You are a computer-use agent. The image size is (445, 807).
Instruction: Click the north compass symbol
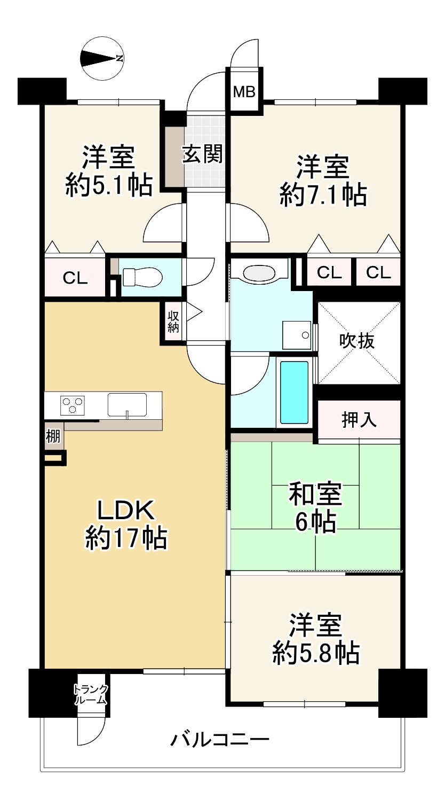(102, 58)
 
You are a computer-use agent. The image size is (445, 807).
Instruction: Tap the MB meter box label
(244, 92)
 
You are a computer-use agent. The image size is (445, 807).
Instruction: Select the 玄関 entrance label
(202, 154)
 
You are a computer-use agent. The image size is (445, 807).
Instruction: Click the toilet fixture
(142, 277)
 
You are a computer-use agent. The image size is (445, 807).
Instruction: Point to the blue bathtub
(294, 393)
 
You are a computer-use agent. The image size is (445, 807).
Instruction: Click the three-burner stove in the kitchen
(73, 405)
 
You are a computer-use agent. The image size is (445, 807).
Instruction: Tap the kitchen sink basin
(127, 405)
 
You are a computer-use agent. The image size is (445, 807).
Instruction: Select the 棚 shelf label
(53, 437)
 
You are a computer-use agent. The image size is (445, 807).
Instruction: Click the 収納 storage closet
(173, 322)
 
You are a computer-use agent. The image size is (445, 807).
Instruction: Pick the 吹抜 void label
(357, 340)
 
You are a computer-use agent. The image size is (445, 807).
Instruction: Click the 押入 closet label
(359, 420)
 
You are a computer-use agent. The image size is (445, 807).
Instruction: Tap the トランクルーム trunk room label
(91, 695)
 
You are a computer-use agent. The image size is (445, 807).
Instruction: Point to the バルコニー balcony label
(220, 740)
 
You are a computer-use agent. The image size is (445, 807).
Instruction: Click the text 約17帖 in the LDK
(126, 538)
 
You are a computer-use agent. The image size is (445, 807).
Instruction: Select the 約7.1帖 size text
(323, 195)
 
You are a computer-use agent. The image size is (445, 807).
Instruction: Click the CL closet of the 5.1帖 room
(75, 277)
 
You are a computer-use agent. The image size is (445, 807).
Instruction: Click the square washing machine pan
(297, 335)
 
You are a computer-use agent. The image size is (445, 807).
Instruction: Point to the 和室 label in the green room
(315, 494)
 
